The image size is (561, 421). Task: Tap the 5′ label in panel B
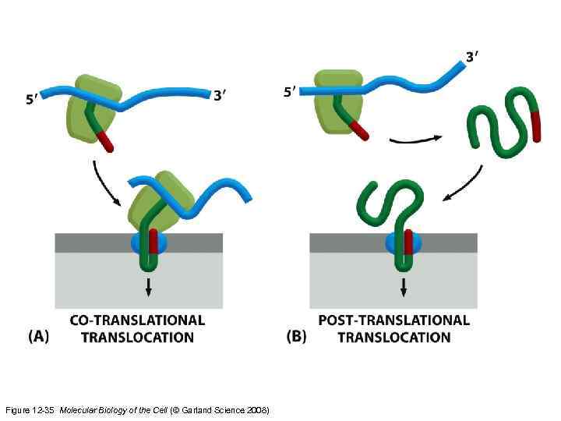(x=290, y=91)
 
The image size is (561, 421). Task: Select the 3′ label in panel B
(x=471, y=56)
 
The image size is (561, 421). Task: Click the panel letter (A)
(x=39, y=337)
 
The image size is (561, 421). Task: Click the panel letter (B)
(x=296, y=337)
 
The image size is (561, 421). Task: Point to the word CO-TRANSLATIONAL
(x=137, y=320)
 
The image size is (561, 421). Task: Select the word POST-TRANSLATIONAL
(x=394, y=320)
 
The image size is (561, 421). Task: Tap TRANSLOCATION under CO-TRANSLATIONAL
(x=137, y=338)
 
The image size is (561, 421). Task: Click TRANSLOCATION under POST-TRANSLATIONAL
(x=394, y=338)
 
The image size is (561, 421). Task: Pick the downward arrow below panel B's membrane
(x=404, y=285)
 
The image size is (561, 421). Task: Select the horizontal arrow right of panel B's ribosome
(x=415, y=140)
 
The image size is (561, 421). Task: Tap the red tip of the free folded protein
(x=535, y=126)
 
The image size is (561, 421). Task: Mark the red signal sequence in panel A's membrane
(x=153, y=242)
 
